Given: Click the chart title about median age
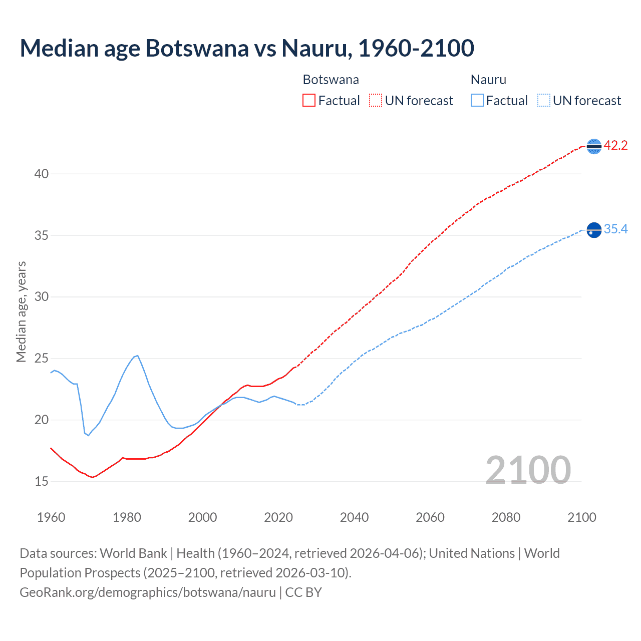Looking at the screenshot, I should (x=247, y=48).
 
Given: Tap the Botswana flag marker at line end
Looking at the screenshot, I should (x=594, y=146).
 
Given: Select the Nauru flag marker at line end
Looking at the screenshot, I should (x=594, y=230).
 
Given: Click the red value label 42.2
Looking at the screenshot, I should (x=615, y=146).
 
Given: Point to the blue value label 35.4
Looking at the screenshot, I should (x=615, y=229).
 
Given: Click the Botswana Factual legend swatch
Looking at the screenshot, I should (x=309, y=101).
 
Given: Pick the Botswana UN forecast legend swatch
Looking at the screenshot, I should (x=376, y=101).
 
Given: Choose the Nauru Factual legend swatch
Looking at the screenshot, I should (x=477, y=101).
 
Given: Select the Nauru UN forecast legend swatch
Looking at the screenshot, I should (x=543, y=101).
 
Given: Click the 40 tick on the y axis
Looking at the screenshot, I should (x=42, y=174).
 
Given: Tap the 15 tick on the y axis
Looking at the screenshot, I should (x=42, y=481).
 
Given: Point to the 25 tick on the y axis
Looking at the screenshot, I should (x=42, y=359).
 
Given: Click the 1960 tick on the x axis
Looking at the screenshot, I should (x=51, y=517).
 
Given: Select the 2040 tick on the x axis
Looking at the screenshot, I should (x=354, y=517).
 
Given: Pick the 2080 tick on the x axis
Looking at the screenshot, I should (x=506, y=517).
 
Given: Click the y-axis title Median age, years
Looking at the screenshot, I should (x=21, y=311).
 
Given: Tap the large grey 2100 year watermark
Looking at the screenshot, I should (x=528, y=470).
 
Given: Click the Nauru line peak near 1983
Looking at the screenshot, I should (x=138, y=355).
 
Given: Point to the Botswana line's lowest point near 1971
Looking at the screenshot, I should (x=93, y=477).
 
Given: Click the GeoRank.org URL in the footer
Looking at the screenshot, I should (x=148, y=592).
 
